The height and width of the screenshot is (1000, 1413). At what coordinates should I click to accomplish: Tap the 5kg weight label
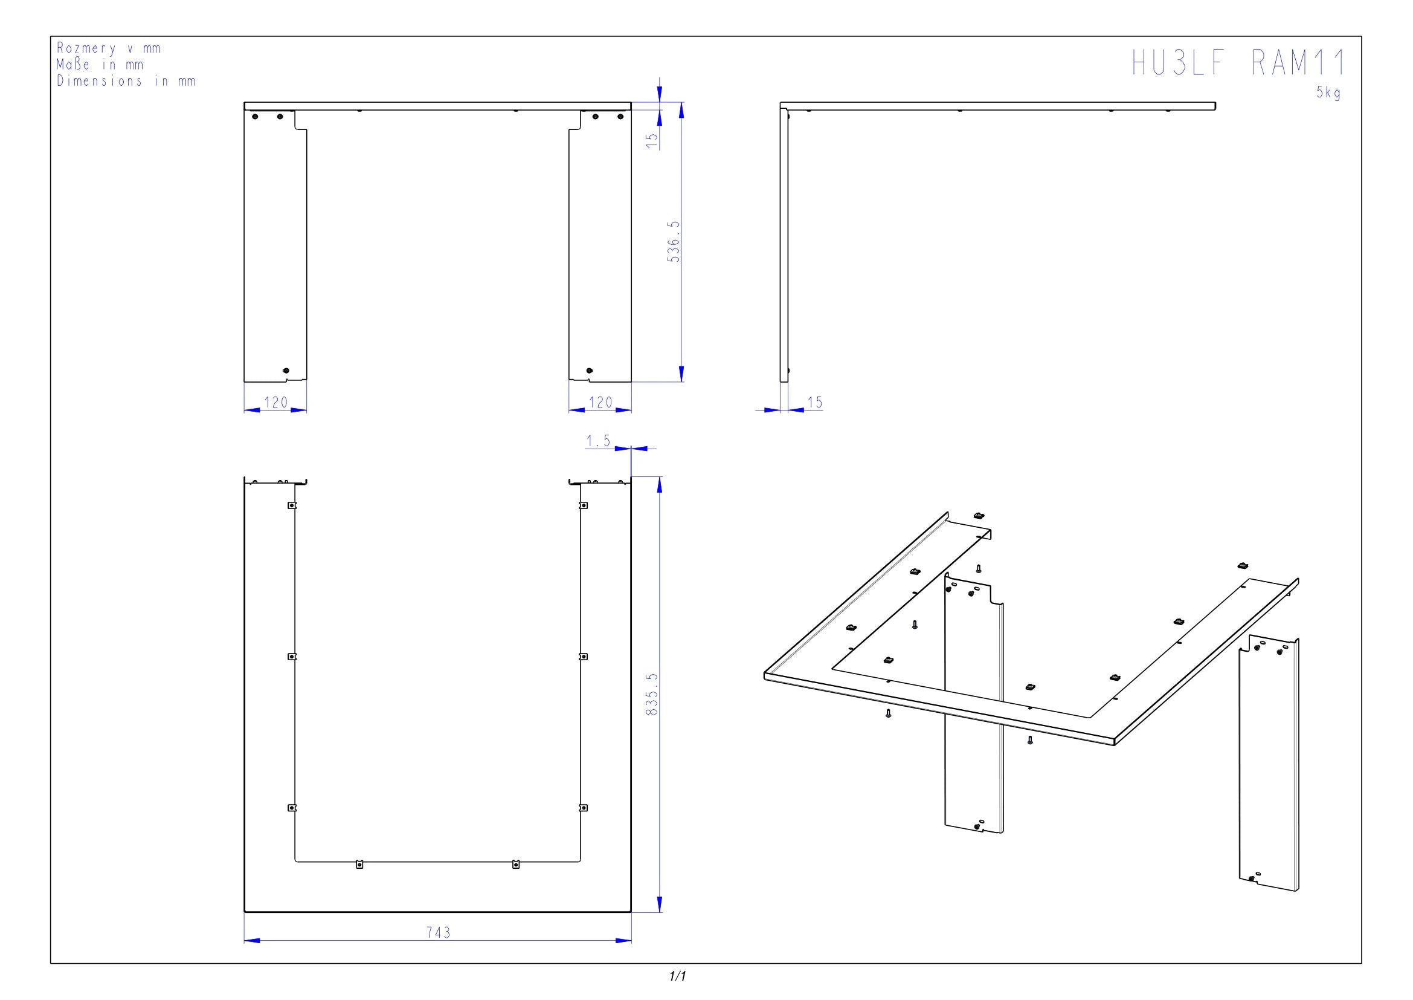tap(1328, 93)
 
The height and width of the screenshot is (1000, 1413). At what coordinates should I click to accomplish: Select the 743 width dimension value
tap(438, 932)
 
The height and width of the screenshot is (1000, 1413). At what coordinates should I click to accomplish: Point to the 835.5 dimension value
tap(652, 694)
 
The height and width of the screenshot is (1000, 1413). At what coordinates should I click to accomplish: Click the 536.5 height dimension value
tap(674, 241)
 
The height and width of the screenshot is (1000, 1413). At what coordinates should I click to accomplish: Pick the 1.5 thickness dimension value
tap(598, 441)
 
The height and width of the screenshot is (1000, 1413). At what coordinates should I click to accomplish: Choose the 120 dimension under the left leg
tap(275, 402)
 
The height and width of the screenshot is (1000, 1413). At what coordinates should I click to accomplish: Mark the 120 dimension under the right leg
tap(600, 402)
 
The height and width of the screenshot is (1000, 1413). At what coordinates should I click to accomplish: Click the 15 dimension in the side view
tap(815, 402)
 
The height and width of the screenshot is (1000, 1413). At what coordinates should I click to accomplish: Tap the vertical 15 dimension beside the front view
tap(652, 140)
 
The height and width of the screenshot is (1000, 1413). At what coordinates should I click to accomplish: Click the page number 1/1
tap(678, 976)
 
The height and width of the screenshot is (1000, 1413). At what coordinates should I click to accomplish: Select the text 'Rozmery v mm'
tap(109, 48)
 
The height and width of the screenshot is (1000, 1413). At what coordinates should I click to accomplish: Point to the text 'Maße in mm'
tap(100, 64)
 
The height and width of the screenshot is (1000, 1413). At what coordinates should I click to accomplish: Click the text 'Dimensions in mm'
tap(126, 80)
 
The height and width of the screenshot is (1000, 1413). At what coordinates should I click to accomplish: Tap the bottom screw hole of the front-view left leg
tap(286, 371)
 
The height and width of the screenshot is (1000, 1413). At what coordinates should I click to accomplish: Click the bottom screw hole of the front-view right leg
tap(590, 371)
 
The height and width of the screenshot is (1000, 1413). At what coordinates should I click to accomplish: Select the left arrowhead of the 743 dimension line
tap(252, 940)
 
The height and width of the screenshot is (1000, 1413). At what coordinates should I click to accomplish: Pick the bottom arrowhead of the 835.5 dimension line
tap(660, 904)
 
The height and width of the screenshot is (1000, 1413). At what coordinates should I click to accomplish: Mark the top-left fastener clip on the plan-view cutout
tap(292, 505)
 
